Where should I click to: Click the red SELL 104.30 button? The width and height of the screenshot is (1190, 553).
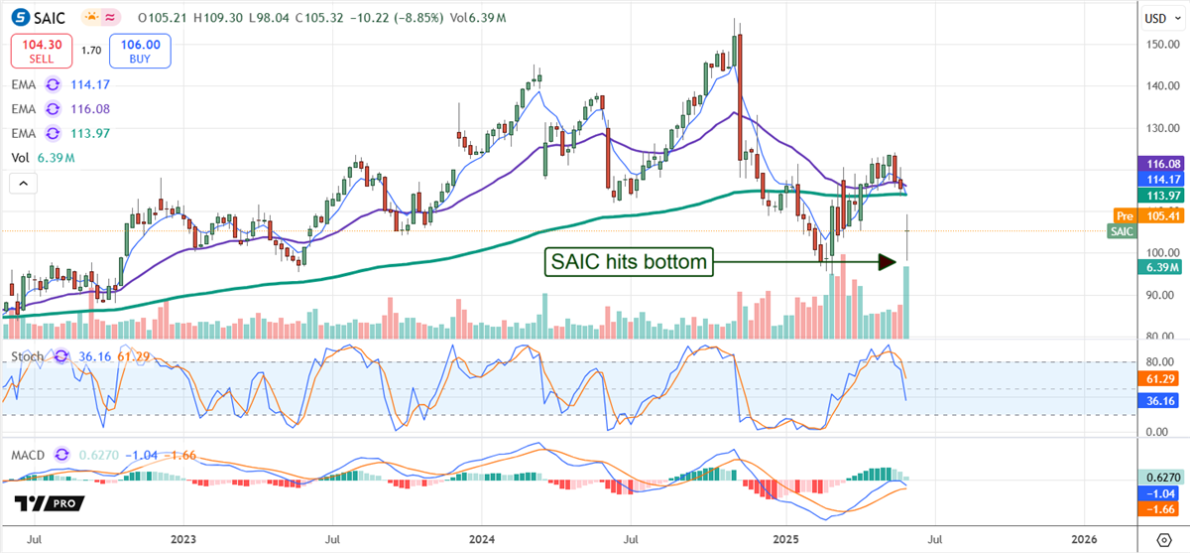pos(43,51)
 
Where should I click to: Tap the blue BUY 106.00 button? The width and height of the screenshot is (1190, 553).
pos(140,51)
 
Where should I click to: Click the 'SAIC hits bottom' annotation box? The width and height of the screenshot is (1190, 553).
pos(628,262)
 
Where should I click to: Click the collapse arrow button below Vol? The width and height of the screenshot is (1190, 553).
pos(22,183)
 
